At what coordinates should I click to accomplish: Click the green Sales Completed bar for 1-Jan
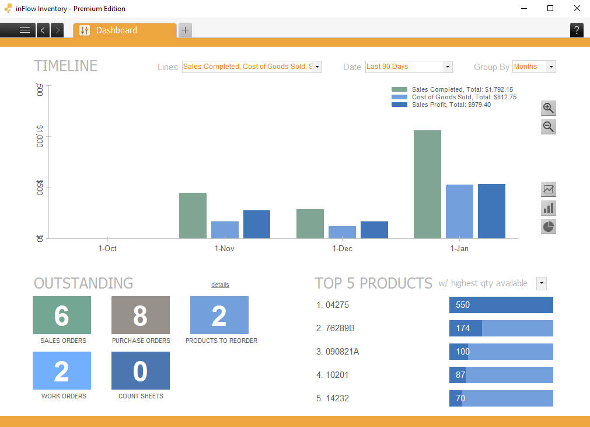427,184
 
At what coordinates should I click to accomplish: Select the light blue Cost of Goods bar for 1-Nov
225,230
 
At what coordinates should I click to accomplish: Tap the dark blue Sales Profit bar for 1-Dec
374,230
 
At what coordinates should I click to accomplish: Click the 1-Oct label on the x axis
107,248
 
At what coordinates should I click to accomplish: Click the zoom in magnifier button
548,108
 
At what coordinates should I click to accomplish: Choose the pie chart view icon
548,227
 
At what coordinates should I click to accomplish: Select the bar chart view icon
548,208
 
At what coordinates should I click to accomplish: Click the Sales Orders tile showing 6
62,315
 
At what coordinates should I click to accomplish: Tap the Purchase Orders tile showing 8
141,315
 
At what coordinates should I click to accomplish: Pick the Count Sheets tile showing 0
141,371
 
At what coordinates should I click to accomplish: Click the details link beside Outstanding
220,284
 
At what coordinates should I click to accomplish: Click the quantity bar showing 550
501,305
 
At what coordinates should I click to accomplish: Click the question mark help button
577,30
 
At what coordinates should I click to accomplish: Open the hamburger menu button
25,30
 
